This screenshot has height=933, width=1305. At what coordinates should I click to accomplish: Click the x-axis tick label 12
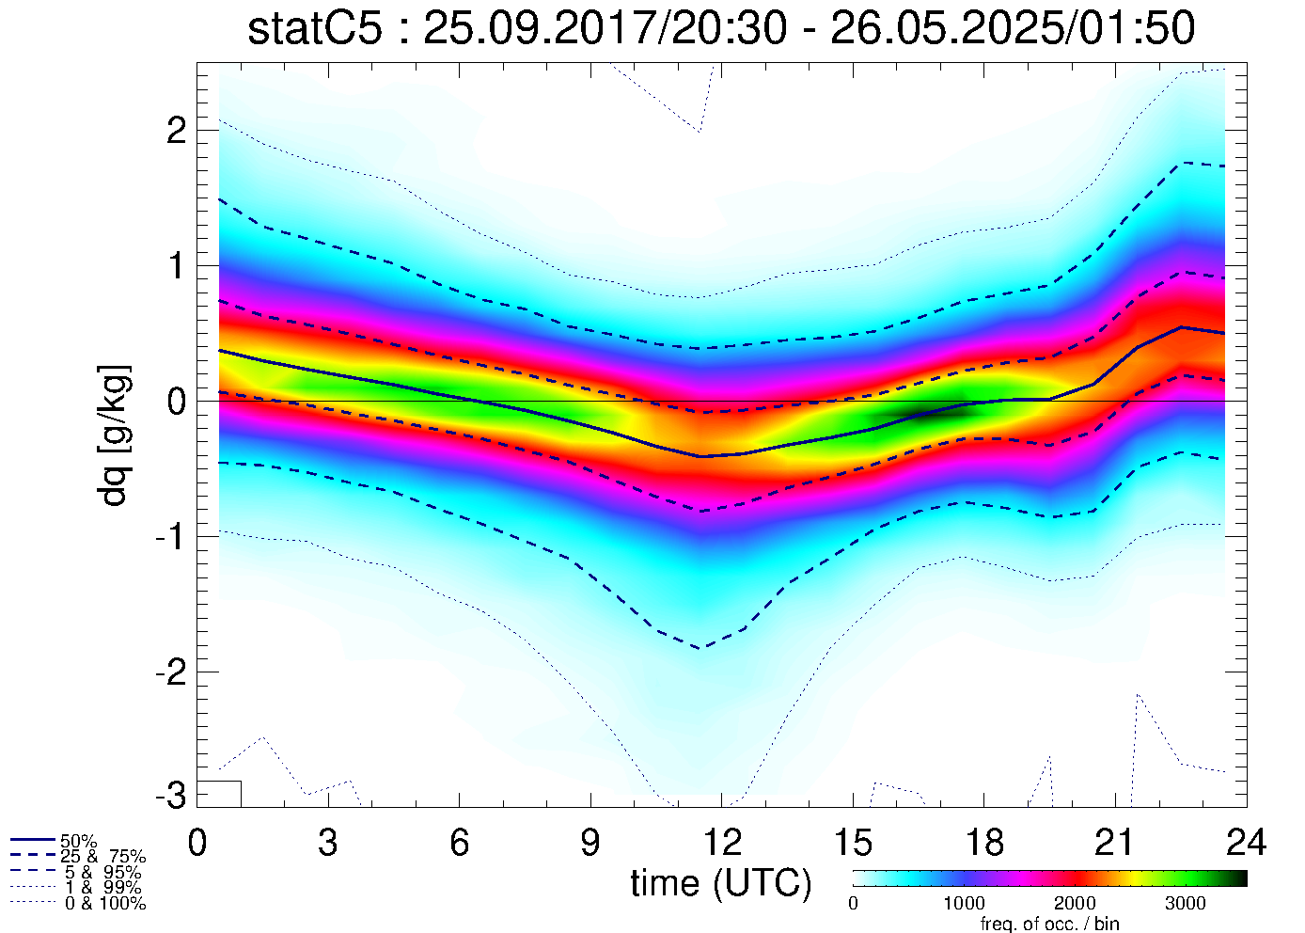click(721, 843)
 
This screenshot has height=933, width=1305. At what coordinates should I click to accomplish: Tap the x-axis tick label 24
click(1246, 843)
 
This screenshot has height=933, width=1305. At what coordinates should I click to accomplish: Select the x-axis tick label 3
click(328, 843)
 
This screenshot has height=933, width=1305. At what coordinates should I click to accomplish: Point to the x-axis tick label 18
click(983, 843)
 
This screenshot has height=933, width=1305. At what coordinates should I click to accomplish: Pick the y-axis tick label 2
click(175, 131)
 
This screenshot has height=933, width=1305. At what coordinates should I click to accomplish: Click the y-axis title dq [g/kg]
click(115, 435)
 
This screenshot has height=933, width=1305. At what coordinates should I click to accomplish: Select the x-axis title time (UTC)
click(721, 883)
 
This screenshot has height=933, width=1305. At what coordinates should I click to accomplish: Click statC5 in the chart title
click(315, 29)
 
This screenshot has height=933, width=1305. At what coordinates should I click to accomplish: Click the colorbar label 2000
click(1075, 905)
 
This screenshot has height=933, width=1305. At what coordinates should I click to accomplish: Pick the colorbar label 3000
click(1186, 905)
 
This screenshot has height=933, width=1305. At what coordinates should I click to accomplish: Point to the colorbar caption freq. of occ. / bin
click(1049, 924)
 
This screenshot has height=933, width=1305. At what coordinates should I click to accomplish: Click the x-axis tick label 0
click(197, 843)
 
